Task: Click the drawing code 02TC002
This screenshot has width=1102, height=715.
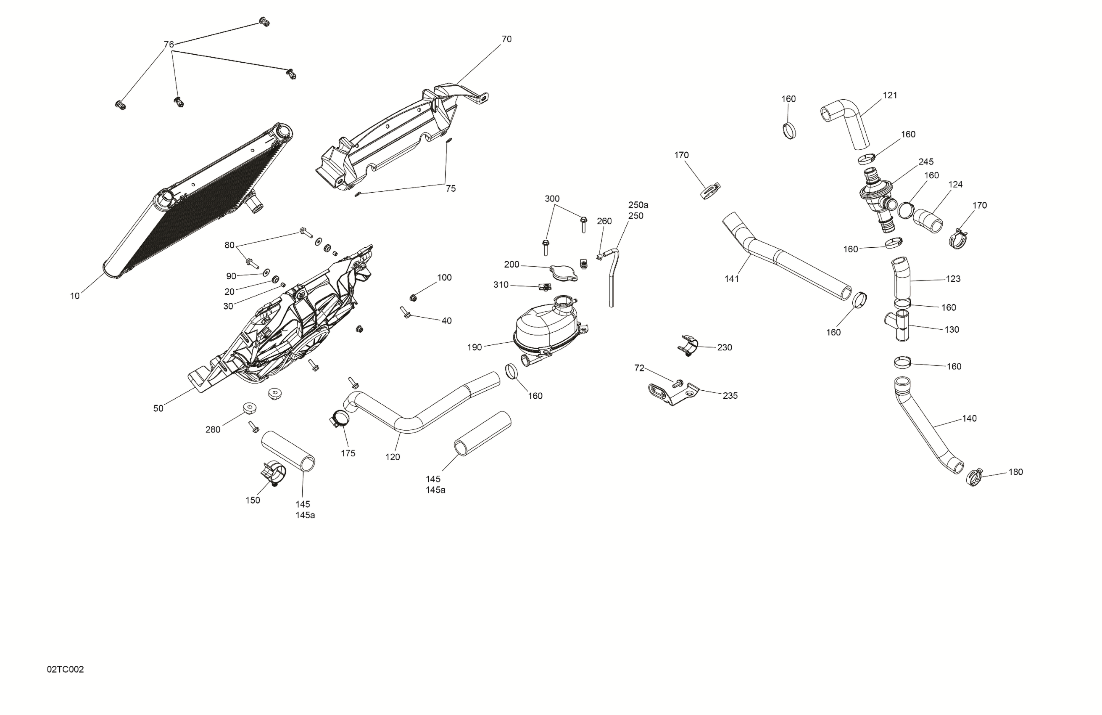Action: [x=65, y=670]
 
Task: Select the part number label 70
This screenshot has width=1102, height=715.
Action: [x=506, y=40]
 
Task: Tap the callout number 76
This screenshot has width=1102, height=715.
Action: [x=169, y=45]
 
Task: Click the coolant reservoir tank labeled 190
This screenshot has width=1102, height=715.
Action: [x=546, y=327]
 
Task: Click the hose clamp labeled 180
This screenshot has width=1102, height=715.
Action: [x=974, y=477]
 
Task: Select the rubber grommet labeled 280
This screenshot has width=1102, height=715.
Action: [x=250, y=409]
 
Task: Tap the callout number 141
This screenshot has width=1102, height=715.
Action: [x=732, y=279]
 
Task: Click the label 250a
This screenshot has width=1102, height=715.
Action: [x=638, y=205]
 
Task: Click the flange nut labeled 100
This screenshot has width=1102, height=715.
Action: [x=414, y=297]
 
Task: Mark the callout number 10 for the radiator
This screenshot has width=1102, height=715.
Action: [x=75, y=296]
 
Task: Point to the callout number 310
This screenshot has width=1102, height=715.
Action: [x=501, y=285]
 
